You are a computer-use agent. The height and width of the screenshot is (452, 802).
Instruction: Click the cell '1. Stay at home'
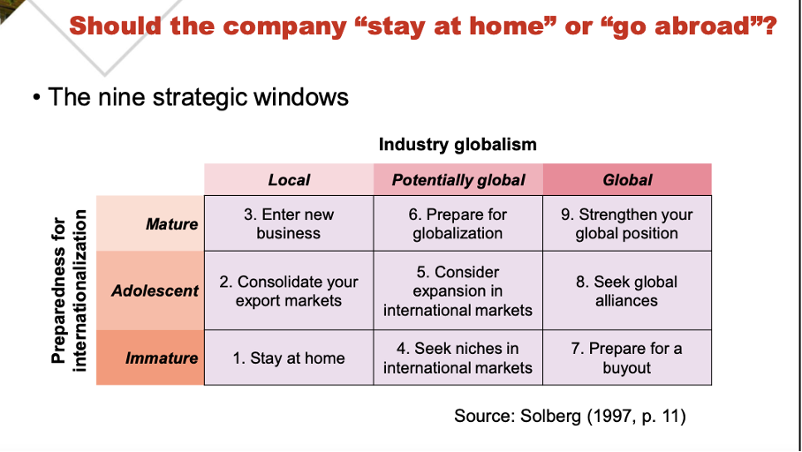[289, 358]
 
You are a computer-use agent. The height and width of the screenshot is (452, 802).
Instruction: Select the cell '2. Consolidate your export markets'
[289, 290]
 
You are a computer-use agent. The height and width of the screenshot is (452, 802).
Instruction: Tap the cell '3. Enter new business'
[289, 223]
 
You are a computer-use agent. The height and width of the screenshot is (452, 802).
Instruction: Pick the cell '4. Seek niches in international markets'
[458, 358]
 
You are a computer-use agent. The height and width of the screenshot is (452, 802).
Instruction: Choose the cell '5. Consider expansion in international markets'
[458, 290]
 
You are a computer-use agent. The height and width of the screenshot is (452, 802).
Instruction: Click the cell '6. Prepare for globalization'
[458, 223]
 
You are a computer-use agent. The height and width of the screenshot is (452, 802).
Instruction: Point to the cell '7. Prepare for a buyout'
[626, 358]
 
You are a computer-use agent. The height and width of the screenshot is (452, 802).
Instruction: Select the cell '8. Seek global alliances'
[626, 290]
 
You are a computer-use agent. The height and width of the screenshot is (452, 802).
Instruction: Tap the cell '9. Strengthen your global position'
[626, 223]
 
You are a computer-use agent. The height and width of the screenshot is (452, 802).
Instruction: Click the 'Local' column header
[289, 180]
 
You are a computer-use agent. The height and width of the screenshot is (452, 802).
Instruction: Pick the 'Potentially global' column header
[458, 180]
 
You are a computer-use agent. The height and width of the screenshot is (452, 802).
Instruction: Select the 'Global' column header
[626, 180]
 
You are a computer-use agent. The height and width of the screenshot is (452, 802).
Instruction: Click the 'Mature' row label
[171, 223]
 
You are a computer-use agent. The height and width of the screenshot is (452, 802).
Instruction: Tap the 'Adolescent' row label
[155, 290]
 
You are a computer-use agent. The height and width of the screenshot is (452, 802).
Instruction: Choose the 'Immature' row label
[162, 358]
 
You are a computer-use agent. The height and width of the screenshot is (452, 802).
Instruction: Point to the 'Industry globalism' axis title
[458, 144]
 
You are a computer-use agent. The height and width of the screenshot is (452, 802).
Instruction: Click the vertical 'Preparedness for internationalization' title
[70, 290]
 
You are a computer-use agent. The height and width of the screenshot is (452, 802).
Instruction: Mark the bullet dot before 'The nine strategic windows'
[35, 97]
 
